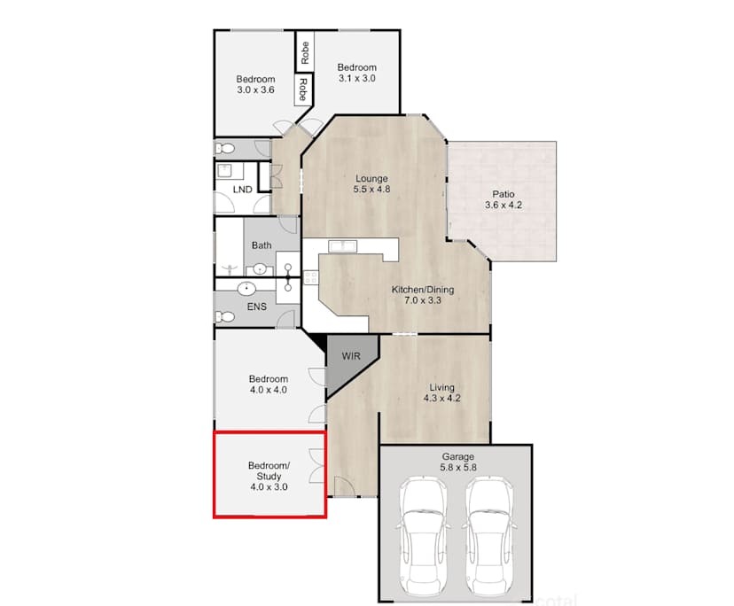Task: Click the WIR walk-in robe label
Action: (351, 357)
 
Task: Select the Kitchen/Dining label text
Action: (417, 294)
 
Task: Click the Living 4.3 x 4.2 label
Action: (441, 392)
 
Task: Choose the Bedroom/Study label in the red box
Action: (268, 476)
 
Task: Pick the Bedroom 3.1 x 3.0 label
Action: (356, 73)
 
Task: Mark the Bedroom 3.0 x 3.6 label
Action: (256, 84)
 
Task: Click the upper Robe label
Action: (304, 52)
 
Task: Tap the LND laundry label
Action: (241, 190)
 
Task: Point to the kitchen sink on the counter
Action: (341, 245)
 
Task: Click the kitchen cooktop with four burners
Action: (311, 278)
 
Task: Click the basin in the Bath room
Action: (261, 269)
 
